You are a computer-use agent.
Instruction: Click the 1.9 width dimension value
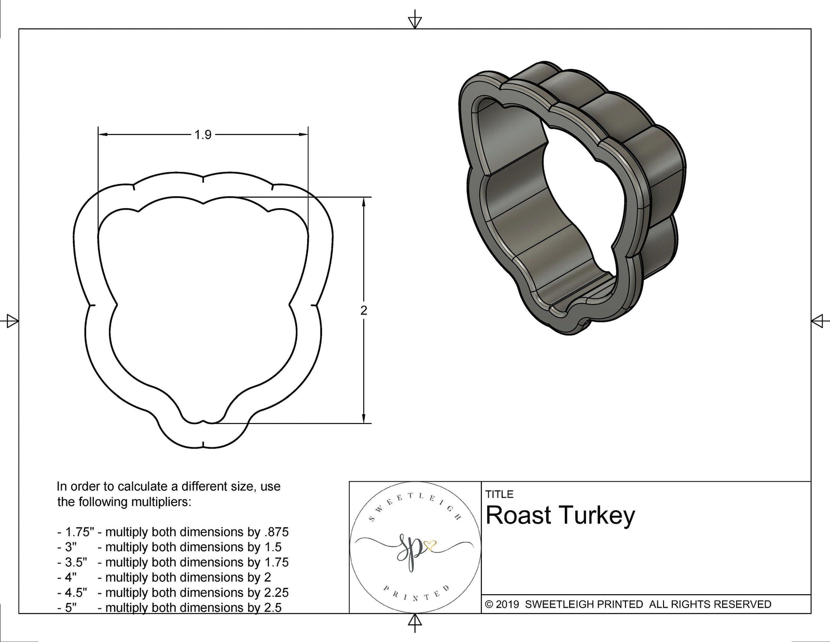coord(203,135)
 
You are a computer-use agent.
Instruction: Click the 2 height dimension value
coord(364,310)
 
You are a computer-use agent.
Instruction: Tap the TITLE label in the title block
coord(499,494)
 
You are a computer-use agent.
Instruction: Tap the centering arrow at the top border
coord(414,21)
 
